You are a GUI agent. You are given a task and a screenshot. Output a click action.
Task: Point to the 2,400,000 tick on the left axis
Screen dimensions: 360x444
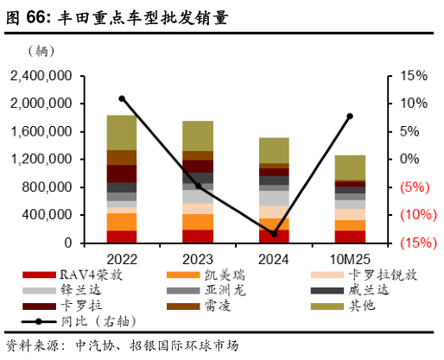pyautogui.click(x=41, y=76)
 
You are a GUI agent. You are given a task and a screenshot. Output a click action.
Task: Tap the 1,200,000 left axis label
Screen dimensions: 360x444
pyautogui.click(x=41, y=160)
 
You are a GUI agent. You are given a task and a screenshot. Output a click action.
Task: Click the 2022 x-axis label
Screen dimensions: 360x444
pyautogui.click(x=122, y=258)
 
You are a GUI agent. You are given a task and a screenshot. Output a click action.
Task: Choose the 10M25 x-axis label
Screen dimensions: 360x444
pyautogui.click(x=350, y=258)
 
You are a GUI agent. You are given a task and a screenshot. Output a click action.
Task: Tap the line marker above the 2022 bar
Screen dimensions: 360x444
pyautogui.click(x=122, y=98)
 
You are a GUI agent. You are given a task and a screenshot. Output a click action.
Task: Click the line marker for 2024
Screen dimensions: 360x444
pyautogui.click(x=274, y=234)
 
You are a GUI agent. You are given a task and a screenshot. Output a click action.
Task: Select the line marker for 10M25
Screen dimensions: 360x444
pyautogui.click(x=350, y=116)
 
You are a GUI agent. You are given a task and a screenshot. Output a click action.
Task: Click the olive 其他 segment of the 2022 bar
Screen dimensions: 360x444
pyautogui.click(x=122, y=132)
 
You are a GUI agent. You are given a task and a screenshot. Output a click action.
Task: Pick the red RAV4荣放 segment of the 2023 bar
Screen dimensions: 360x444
pyautogui.click(x=198, y=236)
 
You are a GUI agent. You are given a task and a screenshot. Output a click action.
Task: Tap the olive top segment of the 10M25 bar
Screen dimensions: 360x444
pyautogui.click(x=350, y=167)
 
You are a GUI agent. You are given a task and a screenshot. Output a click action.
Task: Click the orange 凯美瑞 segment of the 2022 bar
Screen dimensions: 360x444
pyautogui.click(x=122, y=222)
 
